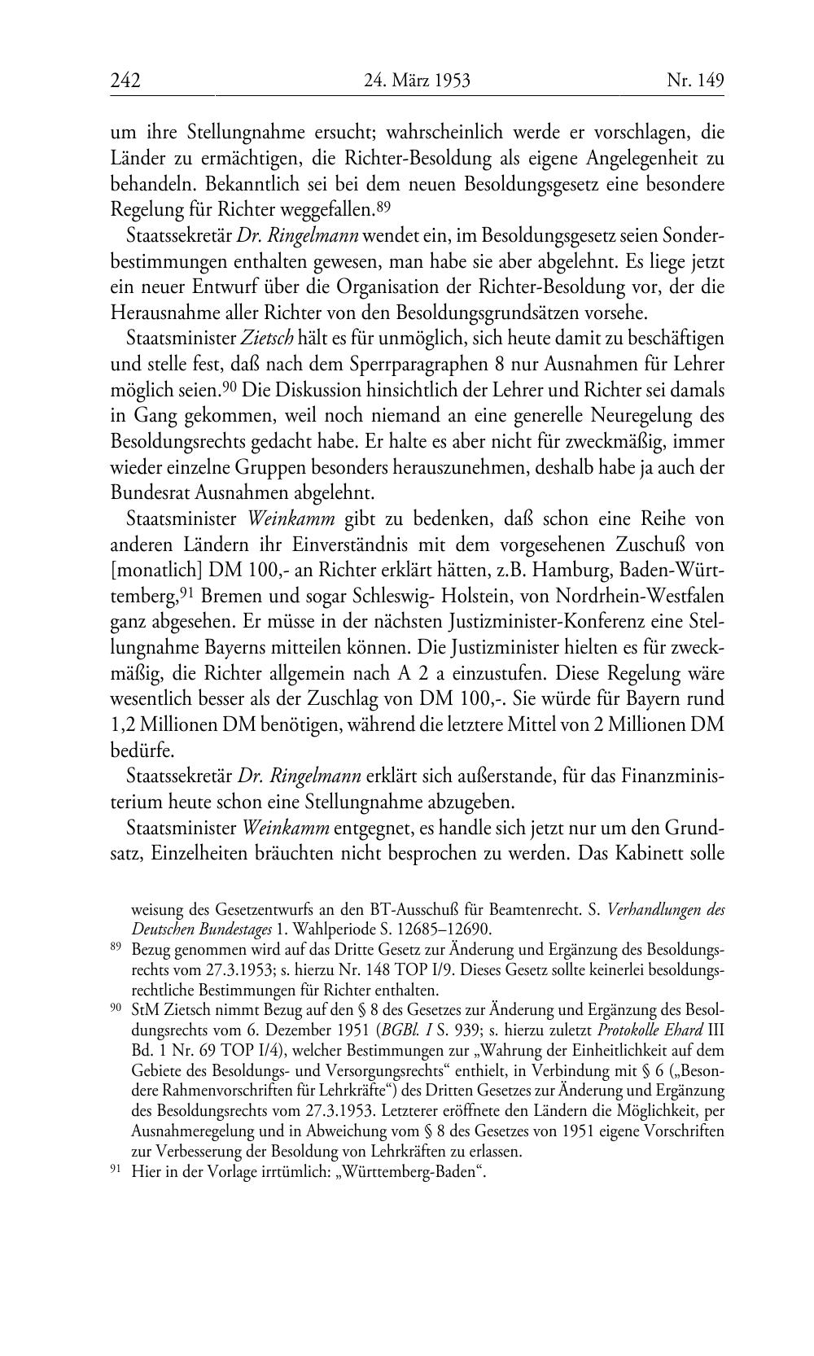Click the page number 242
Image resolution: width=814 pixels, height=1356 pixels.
coord(125,81)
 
